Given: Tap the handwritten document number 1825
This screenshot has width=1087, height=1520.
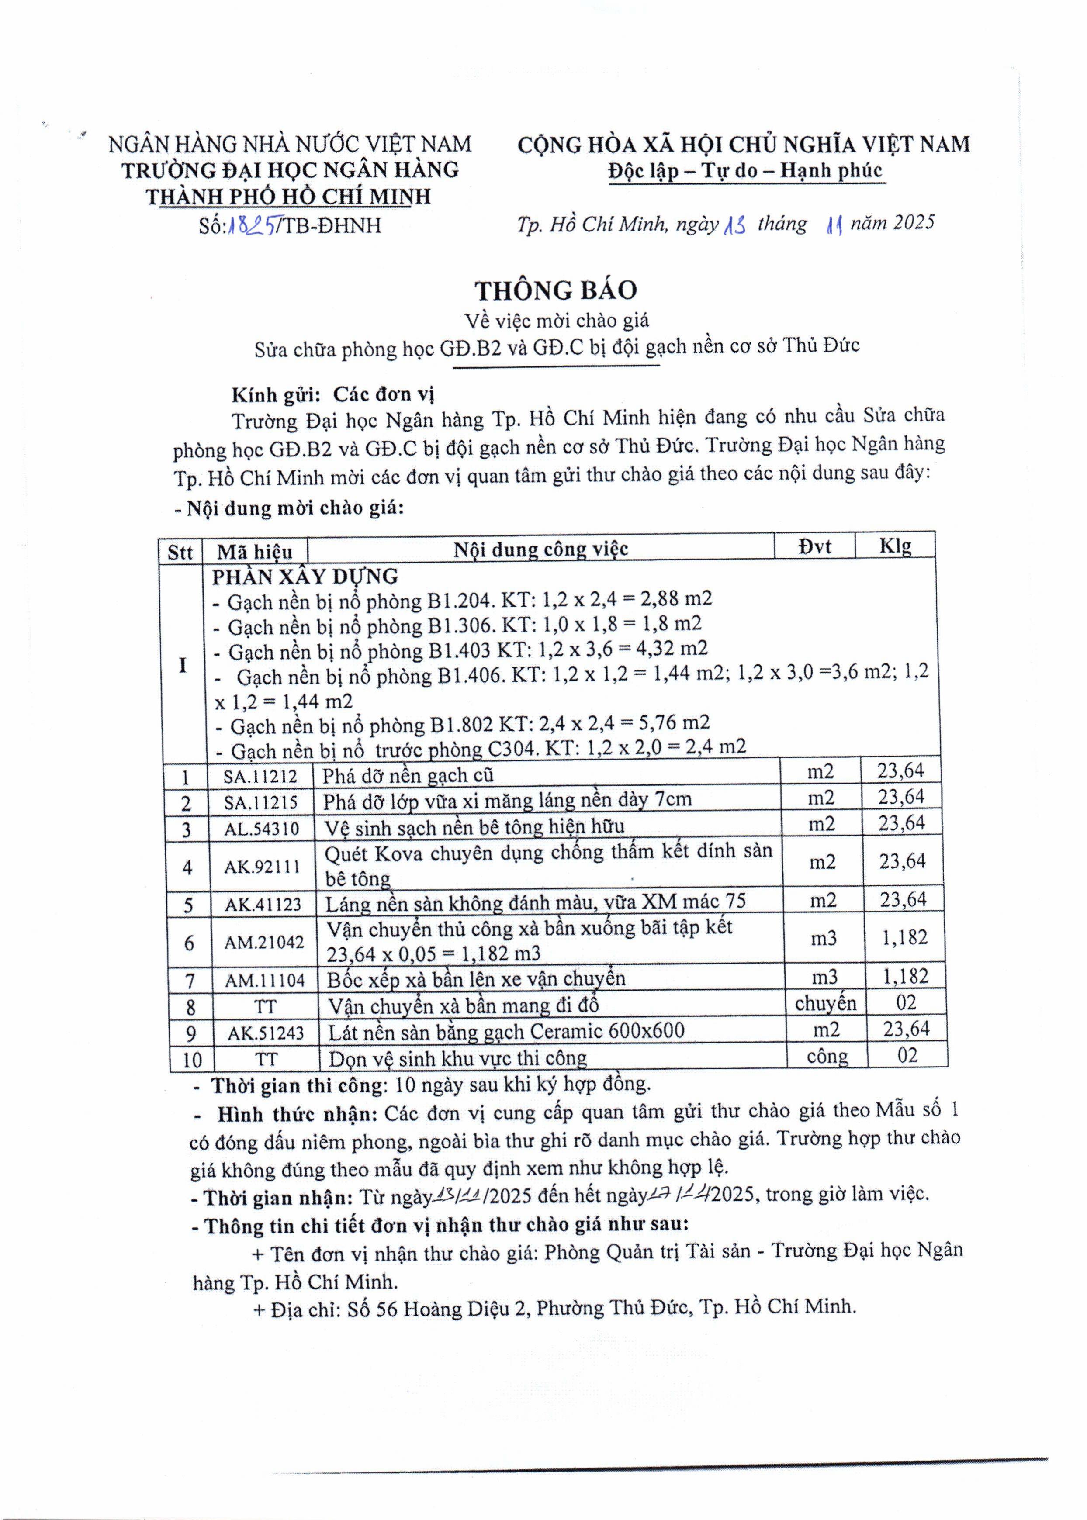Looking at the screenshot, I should (253, 225).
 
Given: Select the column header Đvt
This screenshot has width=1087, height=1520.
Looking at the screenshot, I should (814, 546).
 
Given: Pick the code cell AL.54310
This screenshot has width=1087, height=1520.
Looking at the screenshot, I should (262, 829).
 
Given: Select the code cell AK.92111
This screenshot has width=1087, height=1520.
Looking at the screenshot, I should (263, 867).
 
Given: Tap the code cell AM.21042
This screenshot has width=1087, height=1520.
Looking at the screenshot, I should (264, 942).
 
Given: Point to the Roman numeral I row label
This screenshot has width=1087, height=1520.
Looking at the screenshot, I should (183, 665).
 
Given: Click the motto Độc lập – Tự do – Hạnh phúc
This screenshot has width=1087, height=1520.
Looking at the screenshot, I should (746, 171).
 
